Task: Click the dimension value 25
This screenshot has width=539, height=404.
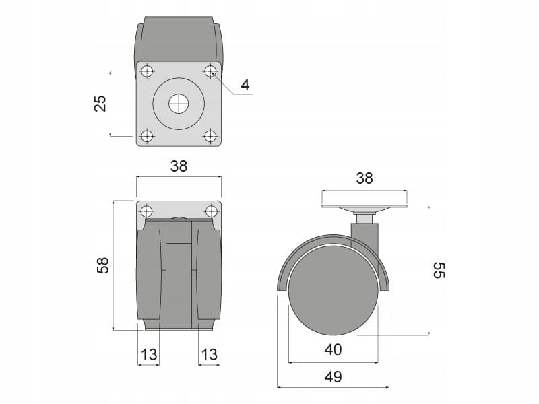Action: coord(100,103)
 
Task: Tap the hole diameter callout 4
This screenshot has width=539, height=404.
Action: coord(245,85)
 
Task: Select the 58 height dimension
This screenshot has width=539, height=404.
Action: coord(103,265)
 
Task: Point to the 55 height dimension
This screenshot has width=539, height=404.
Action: coord(439,271)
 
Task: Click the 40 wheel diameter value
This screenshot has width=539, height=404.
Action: coord(333,349)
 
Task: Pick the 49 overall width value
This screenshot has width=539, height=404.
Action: coord(333,377)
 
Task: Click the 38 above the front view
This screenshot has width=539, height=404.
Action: coord(179,166)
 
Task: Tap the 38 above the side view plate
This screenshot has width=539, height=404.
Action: coord(364,178)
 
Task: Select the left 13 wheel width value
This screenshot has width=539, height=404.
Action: coord(149,354)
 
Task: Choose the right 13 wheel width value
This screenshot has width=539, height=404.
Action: coord(210,354)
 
